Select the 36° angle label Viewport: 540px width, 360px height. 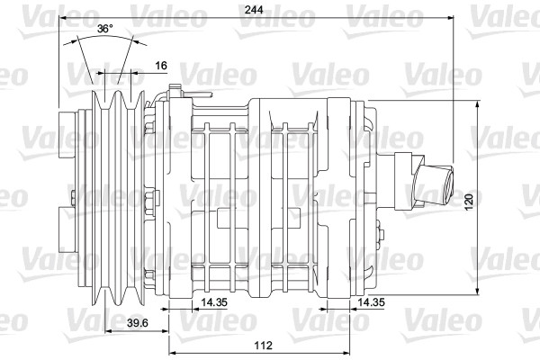pos(105,29)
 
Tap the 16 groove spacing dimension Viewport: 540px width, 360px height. pos(161,66)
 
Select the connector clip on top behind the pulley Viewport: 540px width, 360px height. pos(176,90)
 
